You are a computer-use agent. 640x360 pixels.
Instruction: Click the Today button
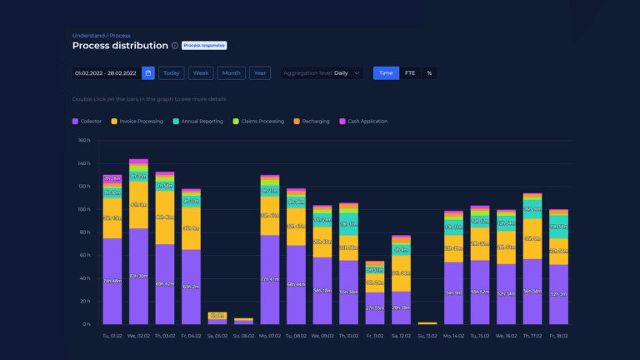coord(171,73)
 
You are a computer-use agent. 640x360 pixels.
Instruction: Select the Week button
coord(201,73)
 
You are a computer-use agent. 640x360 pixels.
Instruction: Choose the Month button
coord(232,73)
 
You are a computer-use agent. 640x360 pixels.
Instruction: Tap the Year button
coord(260,73)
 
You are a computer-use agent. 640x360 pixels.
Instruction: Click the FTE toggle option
coord(410,73)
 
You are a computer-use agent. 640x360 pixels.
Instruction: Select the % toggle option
coord(429,73)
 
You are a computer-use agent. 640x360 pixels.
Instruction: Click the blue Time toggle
coord(386,73)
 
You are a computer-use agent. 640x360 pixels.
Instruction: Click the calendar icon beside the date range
coord(148,73)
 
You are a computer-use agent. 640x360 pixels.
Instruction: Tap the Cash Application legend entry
coord(365,122)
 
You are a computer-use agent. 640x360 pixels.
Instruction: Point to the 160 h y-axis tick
coord(83,140)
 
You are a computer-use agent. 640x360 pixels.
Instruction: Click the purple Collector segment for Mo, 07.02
coord(269,279)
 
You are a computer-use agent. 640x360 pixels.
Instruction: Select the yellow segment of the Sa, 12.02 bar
coord(402,272)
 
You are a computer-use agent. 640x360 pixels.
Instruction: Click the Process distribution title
coord(120,46)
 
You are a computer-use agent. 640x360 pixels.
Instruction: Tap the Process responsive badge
coord(204,46)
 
